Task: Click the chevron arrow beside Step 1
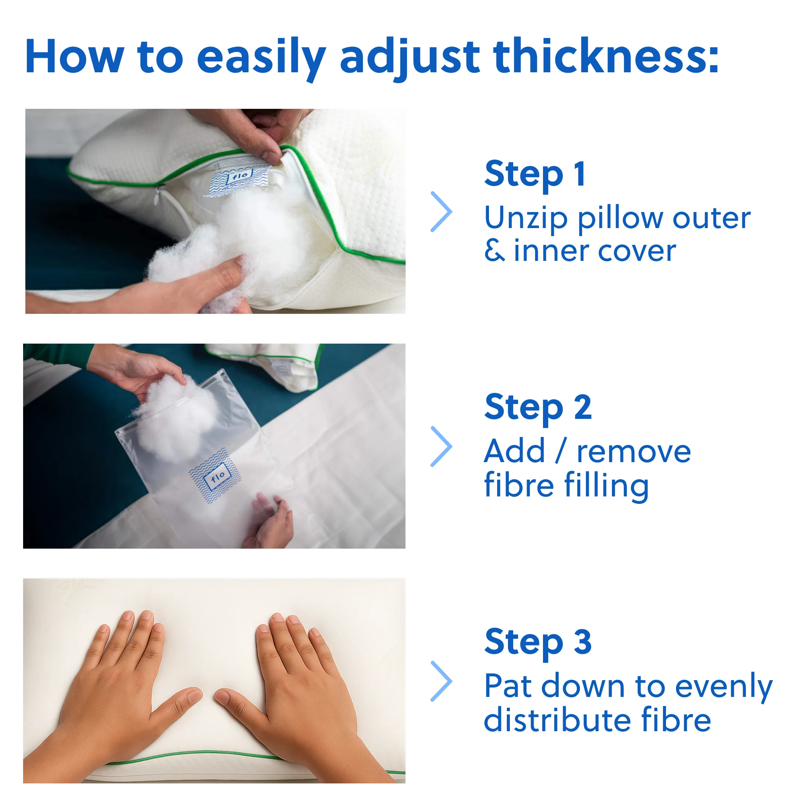point(442,212)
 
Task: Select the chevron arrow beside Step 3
point(442,681)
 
